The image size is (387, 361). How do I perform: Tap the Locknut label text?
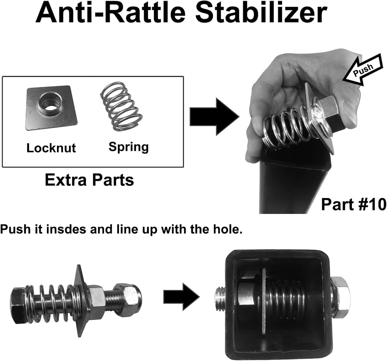point(51,148)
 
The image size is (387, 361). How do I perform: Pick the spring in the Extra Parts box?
point(121,107)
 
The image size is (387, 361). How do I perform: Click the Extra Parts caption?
point(89,180)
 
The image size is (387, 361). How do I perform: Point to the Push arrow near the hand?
point(363,69)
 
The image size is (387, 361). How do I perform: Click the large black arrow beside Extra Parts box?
point(215,117)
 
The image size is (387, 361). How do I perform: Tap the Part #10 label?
point(354,204)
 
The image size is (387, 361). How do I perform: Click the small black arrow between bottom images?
point(181,297)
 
